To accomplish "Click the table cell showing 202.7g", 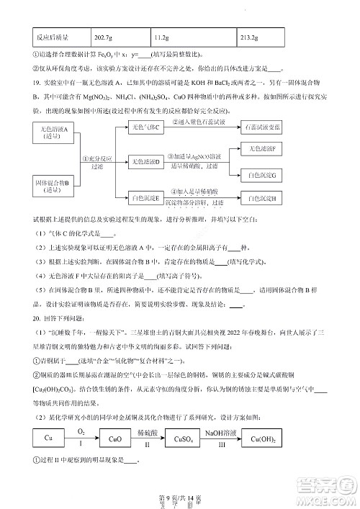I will click(104, 37).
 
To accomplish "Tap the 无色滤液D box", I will click(145, 161).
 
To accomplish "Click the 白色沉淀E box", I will click(145, 197).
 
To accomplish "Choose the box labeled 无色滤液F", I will click(262, 148).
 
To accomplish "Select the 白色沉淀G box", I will click(262, 176).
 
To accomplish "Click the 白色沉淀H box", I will click(262, 197).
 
